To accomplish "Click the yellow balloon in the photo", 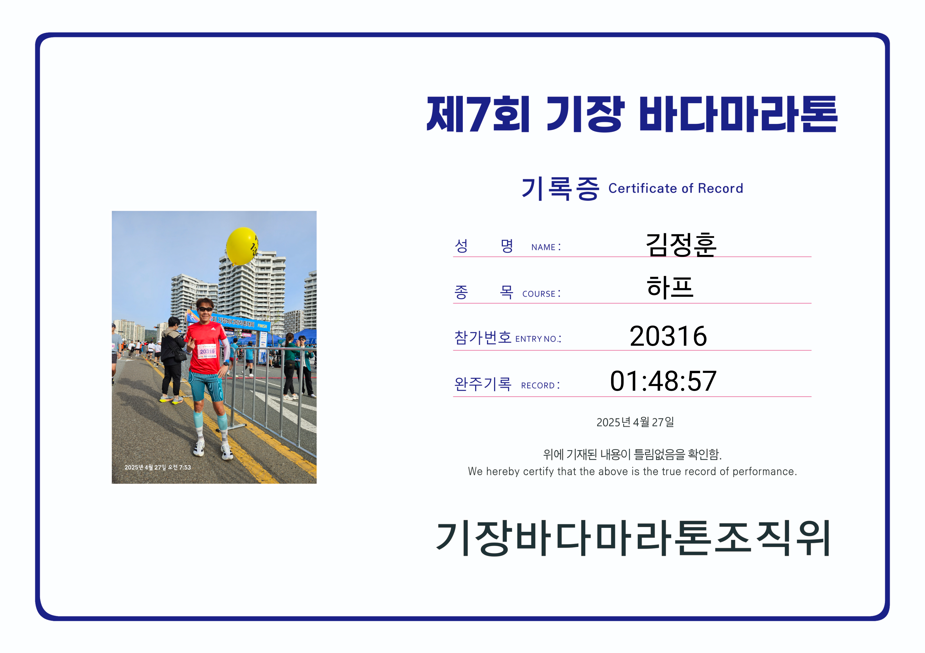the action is click(x=242, y=246).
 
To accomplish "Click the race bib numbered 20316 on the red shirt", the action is click(x=207, y=351).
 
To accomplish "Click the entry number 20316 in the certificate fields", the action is click(x=668, y=336).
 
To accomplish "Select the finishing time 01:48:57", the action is click(x=663, y=381).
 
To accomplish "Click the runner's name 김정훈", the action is click(x=681, y=244).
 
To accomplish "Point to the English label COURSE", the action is click(x=539, y=294).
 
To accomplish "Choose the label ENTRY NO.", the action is click(x=536, y=339).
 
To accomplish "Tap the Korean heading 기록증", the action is click(x=560, y=188).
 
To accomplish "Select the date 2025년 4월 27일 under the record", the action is click(x=635, y=422).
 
